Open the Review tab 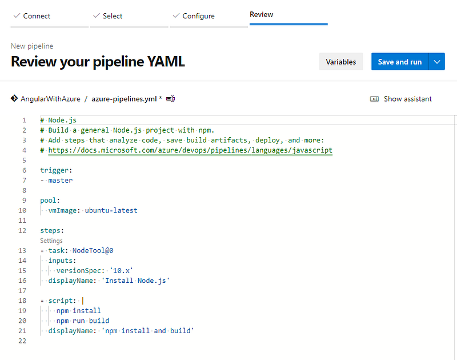click(x=261, y=14)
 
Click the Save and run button click(x=399, y=62)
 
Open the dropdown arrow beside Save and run click(x=437, y=62)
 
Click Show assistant click(x=407, y=99)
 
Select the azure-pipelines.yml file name click(x=123, y=99)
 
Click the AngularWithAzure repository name click(x=50, y=99)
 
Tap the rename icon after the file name click(x=170, y=99)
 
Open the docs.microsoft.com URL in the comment click(x=190, y=150)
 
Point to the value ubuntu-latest click(x=111, y=210)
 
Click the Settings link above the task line click(x=51, y=241)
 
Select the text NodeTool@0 click(x=97, y=250)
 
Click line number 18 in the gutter click(x=23, y=301)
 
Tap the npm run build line click(x=82, y=321)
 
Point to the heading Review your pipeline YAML click(x=98, y=62)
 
